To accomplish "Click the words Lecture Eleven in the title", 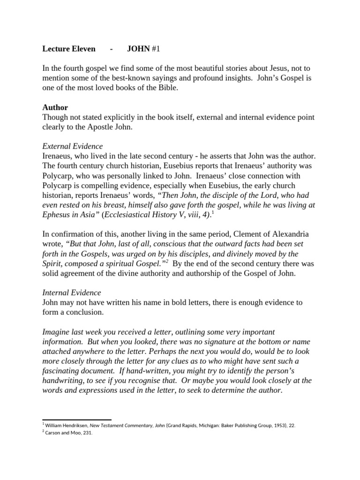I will click(x=69, y=49).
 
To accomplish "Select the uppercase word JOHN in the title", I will click(x=138, y=49).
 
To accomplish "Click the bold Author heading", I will click(x=55, y=107).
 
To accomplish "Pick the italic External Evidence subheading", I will click(x=72, y=146).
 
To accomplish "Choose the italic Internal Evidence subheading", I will click(x=71, y=292).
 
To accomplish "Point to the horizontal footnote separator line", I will click(x=77, y=420).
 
